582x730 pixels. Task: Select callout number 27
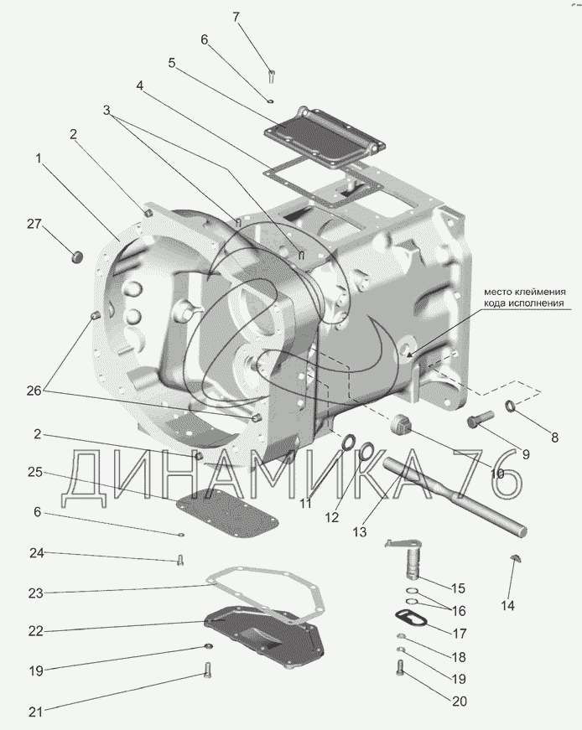tap(34, 224)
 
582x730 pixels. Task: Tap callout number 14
tap(508, 604)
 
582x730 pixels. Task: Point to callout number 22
tap(34, 631)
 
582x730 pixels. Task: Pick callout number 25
tap(34, 473)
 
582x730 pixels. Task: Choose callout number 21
tap(34, 712)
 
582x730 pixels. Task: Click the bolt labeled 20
tap(401, 670)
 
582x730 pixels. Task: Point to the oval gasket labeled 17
tap(411, 619)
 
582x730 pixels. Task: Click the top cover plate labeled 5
tap(323, 142)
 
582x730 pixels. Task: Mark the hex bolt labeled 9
tap(481, 417)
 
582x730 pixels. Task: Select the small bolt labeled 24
tap(180, 562)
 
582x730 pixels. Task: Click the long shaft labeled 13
tap(453, 494)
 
